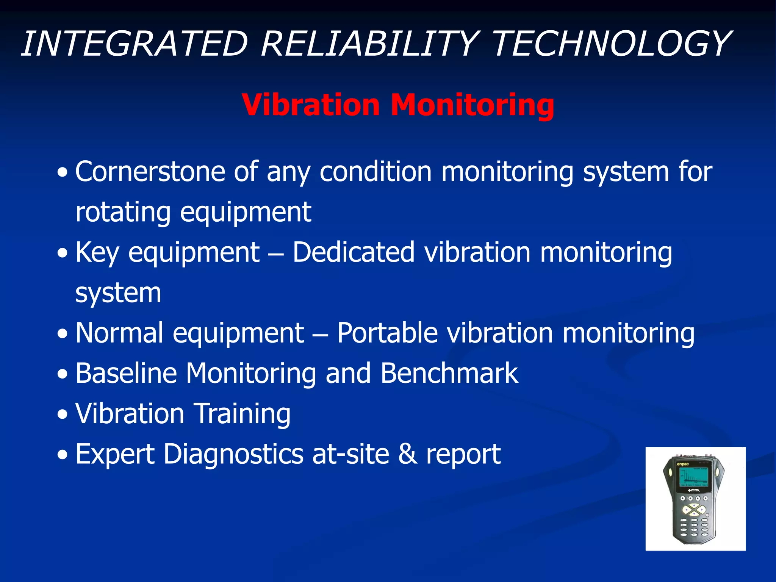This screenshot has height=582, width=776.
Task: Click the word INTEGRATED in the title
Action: click(x=135, y=44)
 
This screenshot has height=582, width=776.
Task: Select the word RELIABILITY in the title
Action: click(x=369, y=44)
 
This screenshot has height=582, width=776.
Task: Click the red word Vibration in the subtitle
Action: click(x=311, y=105)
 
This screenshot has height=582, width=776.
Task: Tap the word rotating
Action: click(x=123, y=212)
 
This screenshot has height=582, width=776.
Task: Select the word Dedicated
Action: click(x=354, y=252)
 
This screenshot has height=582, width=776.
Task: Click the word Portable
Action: click(x=387, y=333)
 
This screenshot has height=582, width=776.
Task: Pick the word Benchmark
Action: click(x=449, y=374)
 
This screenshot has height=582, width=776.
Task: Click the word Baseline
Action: click(x=126, y=374)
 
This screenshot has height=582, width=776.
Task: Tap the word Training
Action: click(x=242, y=414)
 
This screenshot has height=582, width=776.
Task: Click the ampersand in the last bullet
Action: click(x=407, y=454)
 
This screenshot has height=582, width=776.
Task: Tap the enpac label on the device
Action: click(x=683, y=464)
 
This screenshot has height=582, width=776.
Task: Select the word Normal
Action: click(x=120, y=333)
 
